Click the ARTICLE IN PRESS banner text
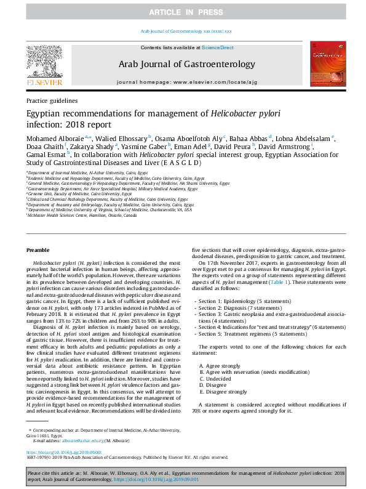click(x=183, y=12)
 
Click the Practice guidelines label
click(x=52, y=100)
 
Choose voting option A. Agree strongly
click(x=220, y=366)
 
